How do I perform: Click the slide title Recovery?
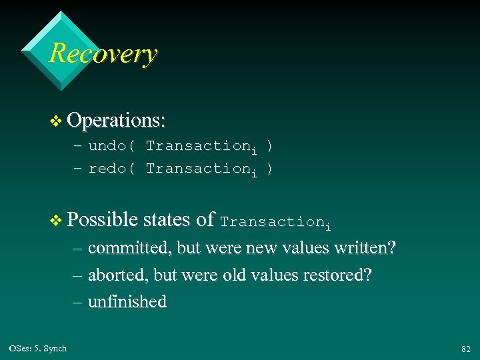103,53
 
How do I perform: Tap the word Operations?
116,120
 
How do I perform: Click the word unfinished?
127,302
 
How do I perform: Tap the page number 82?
465,349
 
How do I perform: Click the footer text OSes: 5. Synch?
38,349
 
